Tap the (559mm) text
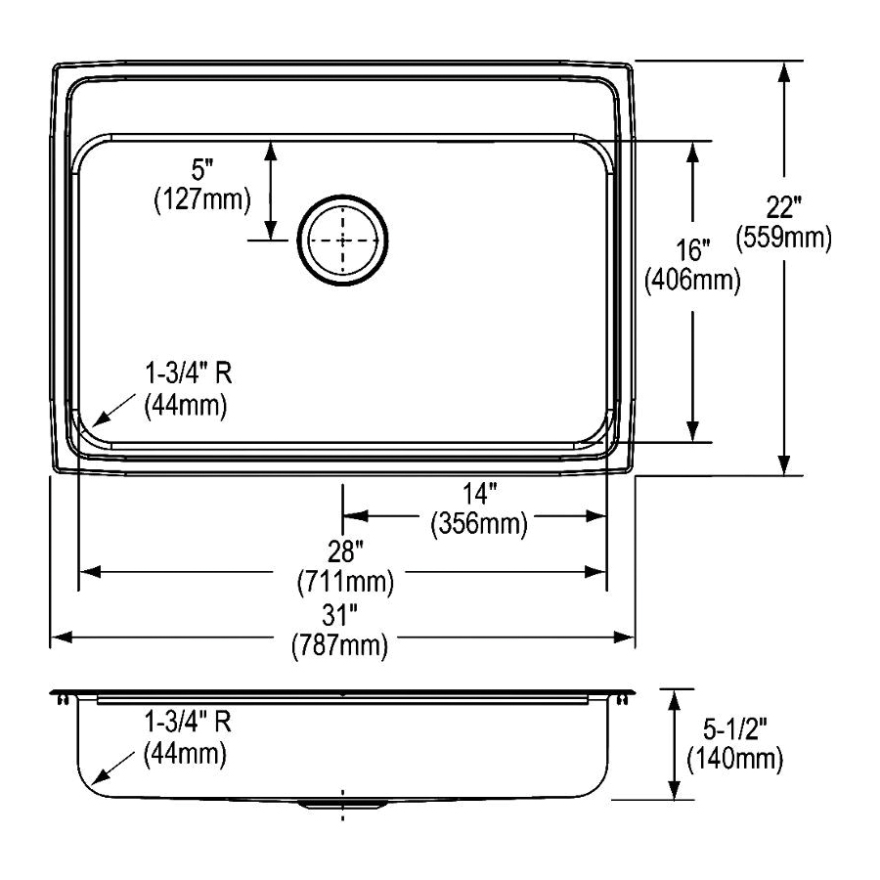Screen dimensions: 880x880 (784, 238)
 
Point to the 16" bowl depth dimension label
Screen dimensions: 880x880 (692, 249)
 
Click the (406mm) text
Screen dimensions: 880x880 (692, 280)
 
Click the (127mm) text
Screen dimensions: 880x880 (202, 199)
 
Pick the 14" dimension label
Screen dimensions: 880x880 (480, 494)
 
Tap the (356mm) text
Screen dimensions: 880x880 (479, 524)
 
